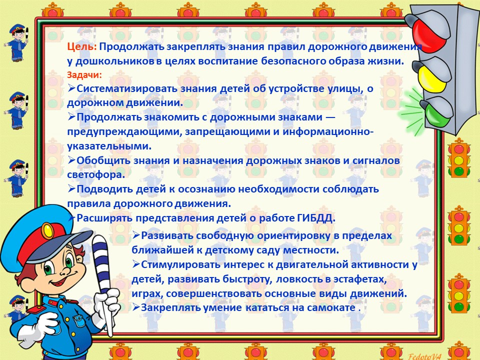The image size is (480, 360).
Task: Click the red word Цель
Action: pos(81,47)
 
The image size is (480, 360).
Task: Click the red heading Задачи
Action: pos(84,75)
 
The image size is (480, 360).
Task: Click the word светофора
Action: pos(96,175)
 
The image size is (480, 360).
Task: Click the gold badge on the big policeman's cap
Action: pos(47,230)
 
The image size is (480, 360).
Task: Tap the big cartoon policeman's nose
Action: pos(65,272)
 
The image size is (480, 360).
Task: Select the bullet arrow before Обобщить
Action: pos(71,160)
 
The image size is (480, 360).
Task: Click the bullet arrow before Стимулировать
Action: pos(136,264)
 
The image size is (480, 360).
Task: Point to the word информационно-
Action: pos(328,132)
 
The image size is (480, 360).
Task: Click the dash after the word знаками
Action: pos(330,117)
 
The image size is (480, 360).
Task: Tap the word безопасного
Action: pos(293,61)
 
